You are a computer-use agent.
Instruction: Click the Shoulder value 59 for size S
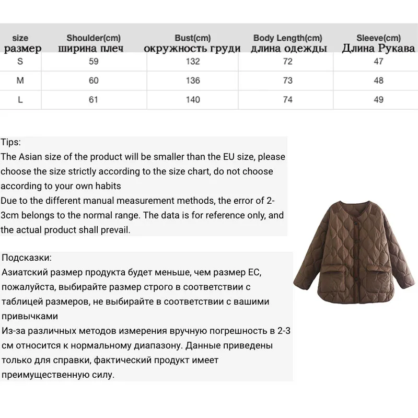click(x=94, y=61)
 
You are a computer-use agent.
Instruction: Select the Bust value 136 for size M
click(x=193, y=80)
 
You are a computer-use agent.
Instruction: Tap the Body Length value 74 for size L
click(x=287, y=100)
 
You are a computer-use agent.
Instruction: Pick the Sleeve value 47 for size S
click(x=379, y=61)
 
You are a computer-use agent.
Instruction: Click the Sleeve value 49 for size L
click(x=379, y=100)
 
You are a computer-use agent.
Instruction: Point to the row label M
click(x=20, y=80)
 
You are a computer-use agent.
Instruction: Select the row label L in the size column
click(x=20, y=100)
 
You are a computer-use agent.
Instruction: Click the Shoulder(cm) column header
click(x=94, y=38)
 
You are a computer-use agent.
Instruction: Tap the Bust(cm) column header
click(x=193, y=38)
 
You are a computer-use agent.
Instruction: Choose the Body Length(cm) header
click(x=287, y=38)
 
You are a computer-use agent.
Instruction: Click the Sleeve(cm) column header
click(x=379, y=38)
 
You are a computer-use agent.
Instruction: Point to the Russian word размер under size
click(x=22, y=49)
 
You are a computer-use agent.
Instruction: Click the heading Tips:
click(x=11, y=142)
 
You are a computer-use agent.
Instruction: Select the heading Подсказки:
click(x=27, y=258)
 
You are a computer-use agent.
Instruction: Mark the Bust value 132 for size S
click(x=193, y=61)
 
